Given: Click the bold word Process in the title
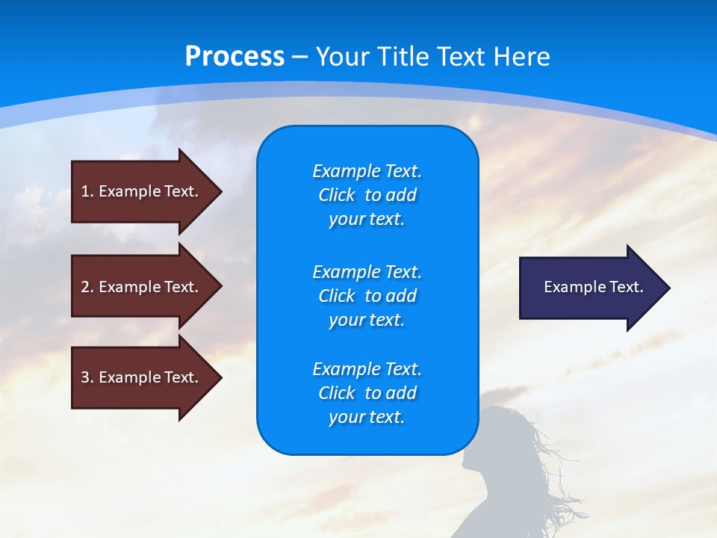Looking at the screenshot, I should click(235, 57).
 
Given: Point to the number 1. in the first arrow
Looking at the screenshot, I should click(87, 191).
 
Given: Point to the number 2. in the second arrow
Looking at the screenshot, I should click(87, 287).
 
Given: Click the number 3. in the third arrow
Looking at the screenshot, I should click(87, 377).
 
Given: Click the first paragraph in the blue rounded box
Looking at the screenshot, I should click(367, 195).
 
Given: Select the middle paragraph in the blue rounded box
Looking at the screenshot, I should click(367, 296).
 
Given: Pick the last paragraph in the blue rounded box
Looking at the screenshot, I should click(367, 393).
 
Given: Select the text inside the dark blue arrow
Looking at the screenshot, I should click(593, 287).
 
